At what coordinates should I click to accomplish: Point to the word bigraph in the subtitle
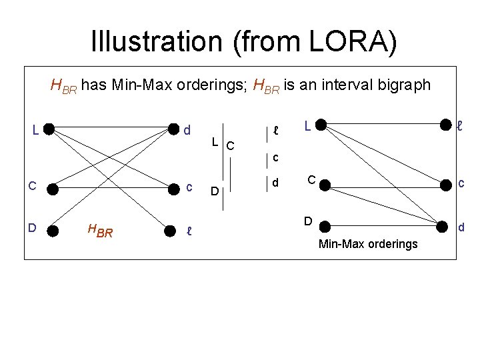(x=397, y=85)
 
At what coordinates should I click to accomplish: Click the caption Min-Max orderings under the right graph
(x=368, y=244)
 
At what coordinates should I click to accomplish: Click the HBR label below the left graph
(x=99, y=231)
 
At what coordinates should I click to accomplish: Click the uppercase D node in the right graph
(x=321, y=223)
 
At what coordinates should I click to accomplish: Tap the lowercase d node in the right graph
(x=443, y=227)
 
